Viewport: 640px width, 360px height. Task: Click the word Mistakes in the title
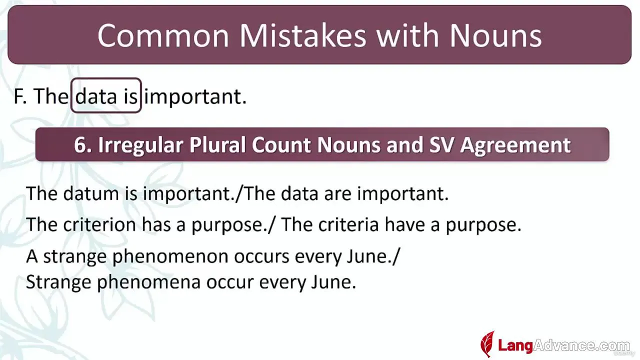303,35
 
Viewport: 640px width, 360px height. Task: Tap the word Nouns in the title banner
495,35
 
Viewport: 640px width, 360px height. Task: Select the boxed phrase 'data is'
106,95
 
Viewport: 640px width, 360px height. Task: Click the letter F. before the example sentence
20,96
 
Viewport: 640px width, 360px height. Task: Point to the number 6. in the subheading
82,145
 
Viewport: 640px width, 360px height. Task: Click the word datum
91,193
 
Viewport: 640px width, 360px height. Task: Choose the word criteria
348,224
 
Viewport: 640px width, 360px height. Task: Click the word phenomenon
170,256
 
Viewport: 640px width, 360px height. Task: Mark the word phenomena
149,282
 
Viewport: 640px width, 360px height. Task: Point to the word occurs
261,256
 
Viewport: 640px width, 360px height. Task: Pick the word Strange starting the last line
58,282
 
